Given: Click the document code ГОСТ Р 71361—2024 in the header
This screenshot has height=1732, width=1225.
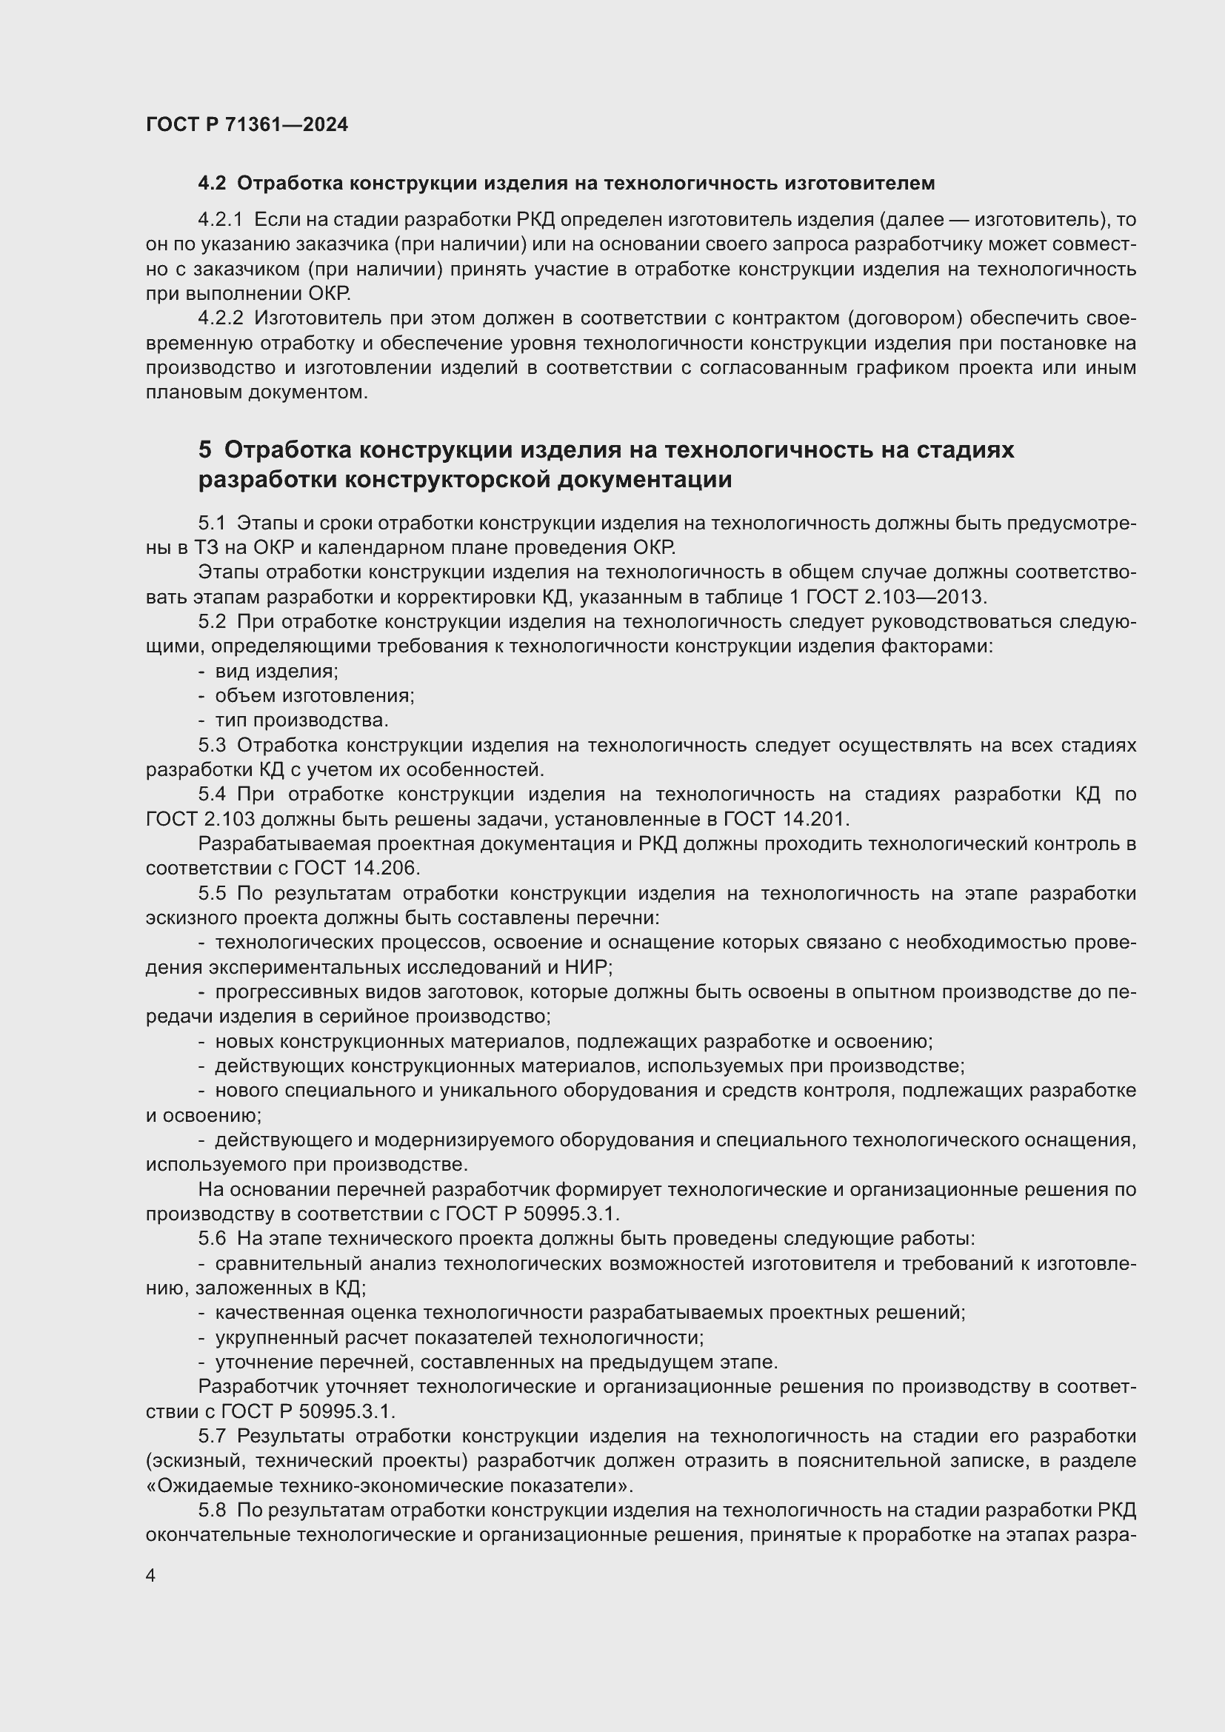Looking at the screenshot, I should (247, 124).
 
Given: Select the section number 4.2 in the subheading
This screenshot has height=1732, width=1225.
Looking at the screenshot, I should (212, 184).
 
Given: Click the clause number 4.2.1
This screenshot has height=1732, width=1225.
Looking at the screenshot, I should (220, 220).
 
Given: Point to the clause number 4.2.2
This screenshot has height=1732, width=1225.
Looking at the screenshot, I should (220, 319).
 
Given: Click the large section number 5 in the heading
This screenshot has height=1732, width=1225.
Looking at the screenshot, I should (205, 449).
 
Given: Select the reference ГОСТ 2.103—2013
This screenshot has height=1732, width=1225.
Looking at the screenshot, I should (896, 598).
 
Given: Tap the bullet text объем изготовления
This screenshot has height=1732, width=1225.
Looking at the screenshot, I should (315, 696).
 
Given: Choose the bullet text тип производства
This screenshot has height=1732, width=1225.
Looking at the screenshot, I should (301, 721).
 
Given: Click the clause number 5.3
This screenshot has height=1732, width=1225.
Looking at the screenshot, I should (212, 746).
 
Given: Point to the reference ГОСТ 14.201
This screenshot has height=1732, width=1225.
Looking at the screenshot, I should (786, 819).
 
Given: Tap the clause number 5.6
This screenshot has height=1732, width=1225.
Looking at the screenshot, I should (212, 1239).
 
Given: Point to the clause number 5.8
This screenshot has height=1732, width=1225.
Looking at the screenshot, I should (212, 1511).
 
